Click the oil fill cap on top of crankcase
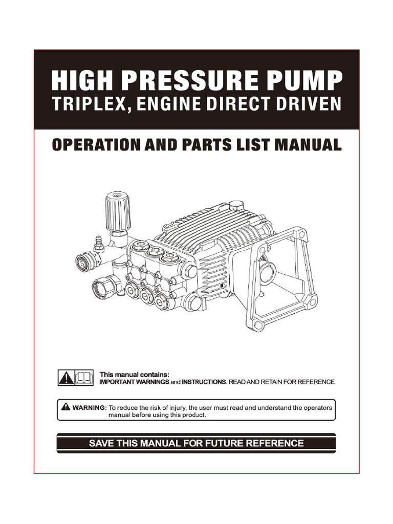pyautogui.click(x=236, y=205)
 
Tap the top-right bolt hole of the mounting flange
pyautogui.click(x=302, y=235)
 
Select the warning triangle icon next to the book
pyautogui.click(x=66, y=378)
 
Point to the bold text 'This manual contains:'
pyautogui.click(x=134, y=375)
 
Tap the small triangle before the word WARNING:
pyautogui.click(x=65, y=407)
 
